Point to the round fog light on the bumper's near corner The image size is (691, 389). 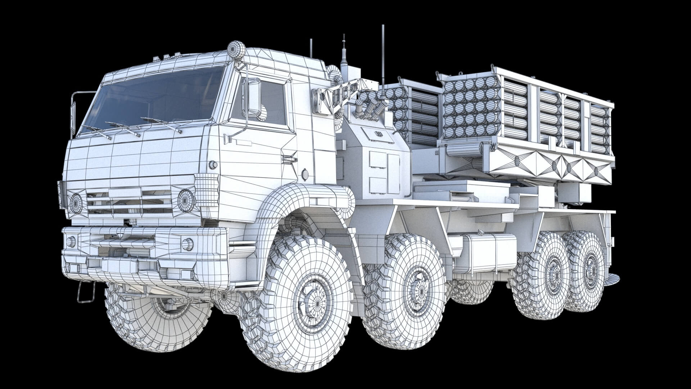[187, 244]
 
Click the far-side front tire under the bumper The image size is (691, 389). [162, 317]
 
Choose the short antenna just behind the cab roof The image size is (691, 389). [311, 49]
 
